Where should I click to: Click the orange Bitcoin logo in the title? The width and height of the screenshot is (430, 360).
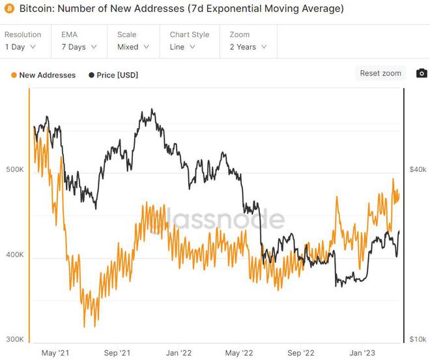(9, 10)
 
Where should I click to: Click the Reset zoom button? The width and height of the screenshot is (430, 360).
(380, 73)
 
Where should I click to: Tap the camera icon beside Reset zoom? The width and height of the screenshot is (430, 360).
(422, 73)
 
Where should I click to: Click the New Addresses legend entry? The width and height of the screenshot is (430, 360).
(44, 75)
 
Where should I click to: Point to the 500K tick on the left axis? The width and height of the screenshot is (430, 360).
(14, 170)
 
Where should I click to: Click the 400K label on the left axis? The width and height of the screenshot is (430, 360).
(14, 255)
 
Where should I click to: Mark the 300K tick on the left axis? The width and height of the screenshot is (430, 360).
(14, 340)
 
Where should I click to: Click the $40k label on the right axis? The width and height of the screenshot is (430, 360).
(418, 169)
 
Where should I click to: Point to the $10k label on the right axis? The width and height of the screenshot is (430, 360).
(418, 339)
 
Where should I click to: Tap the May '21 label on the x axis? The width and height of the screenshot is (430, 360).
(56, 353)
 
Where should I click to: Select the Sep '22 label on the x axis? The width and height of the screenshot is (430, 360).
(302, 353)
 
